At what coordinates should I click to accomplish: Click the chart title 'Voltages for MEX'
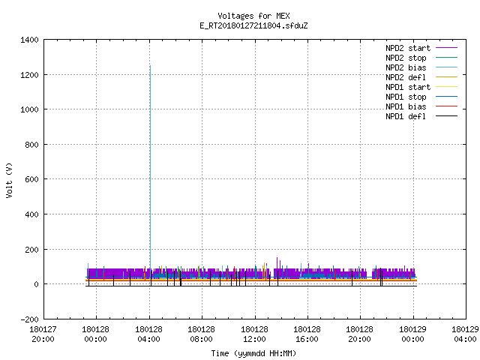click(253, 16)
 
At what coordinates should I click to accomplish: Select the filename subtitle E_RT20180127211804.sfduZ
click(253, 25)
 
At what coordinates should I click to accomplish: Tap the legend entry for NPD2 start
click(421, 48)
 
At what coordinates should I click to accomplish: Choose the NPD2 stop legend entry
click(421, 58)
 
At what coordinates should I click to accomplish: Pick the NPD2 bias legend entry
click(421, 67)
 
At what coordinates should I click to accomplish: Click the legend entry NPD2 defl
click(421, 77)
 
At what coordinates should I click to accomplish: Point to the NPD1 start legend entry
click(421, 87)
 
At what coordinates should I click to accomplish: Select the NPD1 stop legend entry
click(421, 97)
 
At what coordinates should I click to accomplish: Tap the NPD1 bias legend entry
click(421, 106)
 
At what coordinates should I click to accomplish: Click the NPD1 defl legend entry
click(421, 116)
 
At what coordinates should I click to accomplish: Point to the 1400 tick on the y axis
click(29, 40)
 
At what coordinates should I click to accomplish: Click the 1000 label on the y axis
click(29, 109)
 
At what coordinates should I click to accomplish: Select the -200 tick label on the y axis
click(29, 319)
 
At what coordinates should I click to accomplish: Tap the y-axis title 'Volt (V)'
click(9, 180)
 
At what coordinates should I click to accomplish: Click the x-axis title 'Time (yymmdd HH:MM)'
click(253, 353)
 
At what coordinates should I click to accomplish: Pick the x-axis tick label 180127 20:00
click(43, 334)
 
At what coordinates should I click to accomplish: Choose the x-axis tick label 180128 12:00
click(254, 334)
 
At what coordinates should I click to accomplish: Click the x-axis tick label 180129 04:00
click(465, 334)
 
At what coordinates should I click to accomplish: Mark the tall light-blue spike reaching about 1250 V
click(150, 172)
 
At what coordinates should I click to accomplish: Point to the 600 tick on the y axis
click(31, 179)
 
